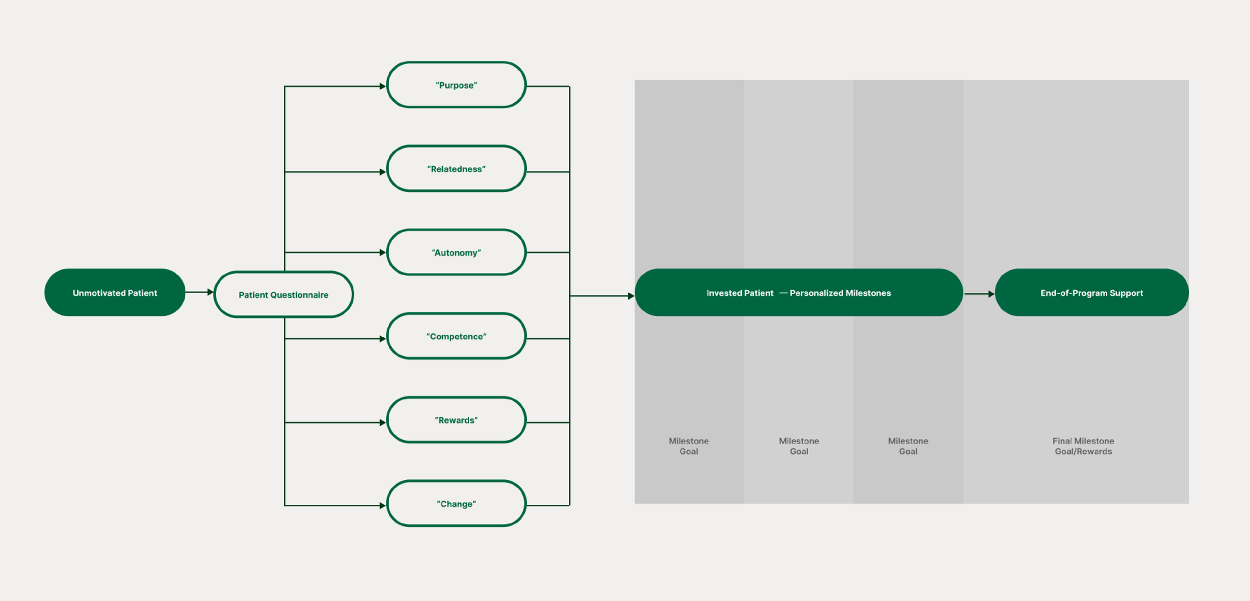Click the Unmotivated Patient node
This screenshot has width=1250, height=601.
[114, 292]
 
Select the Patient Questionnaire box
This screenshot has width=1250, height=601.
[283, 294]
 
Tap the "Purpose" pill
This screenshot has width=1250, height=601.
[456, 85]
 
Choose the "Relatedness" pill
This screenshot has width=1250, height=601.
[456, 169]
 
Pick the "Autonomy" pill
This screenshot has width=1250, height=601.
[456, 252]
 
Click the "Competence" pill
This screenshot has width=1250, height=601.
[456, 336]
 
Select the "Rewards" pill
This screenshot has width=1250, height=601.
[456, 420]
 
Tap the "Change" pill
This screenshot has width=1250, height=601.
[456, 504]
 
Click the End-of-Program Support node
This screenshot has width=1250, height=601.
[1091, 292]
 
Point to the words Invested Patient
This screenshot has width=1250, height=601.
[739, 293]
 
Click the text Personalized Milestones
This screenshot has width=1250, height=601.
[840, 293]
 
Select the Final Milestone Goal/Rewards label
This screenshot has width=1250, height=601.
[1083, 446]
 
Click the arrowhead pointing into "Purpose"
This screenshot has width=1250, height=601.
[382, 86]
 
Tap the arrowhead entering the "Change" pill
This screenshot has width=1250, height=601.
[382, 505]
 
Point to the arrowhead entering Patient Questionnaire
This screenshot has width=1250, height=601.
[210, 292]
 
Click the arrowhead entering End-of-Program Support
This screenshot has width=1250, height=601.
[991, 294]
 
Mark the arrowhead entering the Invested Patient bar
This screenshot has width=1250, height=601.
[631, 296]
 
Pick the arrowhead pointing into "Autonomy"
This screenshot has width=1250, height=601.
[382, 252]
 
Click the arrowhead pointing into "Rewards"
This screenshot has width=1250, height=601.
[382, 422]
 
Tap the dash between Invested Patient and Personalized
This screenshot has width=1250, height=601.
[783, 292]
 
